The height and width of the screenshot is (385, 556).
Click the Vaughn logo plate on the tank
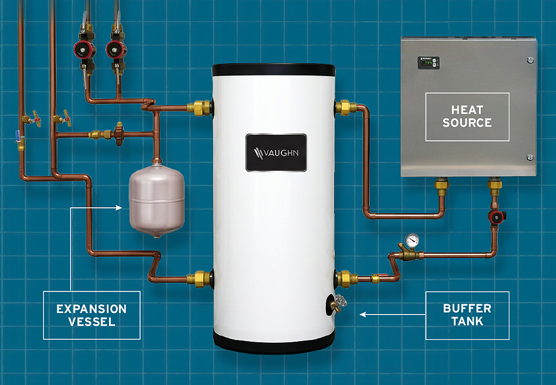point(276,153)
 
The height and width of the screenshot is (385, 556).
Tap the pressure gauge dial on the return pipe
point(411,241)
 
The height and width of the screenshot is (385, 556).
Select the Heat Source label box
point(468,117)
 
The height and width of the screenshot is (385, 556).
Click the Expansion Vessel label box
point(92,315)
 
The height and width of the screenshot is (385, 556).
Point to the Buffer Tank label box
point(468,315)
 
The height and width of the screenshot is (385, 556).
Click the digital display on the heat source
point(428,63)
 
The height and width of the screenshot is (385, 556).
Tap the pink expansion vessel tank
point(157,200)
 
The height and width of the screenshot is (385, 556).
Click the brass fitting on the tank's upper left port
point(200,108)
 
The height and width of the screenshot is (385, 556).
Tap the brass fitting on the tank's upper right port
point(345,108)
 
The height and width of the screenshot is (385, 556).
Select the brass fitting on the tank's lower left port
point(199,279)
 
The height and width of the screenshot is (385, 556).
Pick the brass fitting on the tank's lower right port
point(347,279)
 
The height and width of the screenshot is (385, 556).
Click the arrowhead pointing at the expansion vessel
point(119,208)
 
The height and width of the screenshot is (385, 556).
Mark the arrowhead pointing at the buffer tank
point(363,314)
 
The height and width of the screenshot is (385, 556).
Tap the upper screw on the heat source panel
point(530,60)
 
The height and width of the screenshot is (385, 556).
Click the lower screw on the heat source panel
point(530,157)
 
